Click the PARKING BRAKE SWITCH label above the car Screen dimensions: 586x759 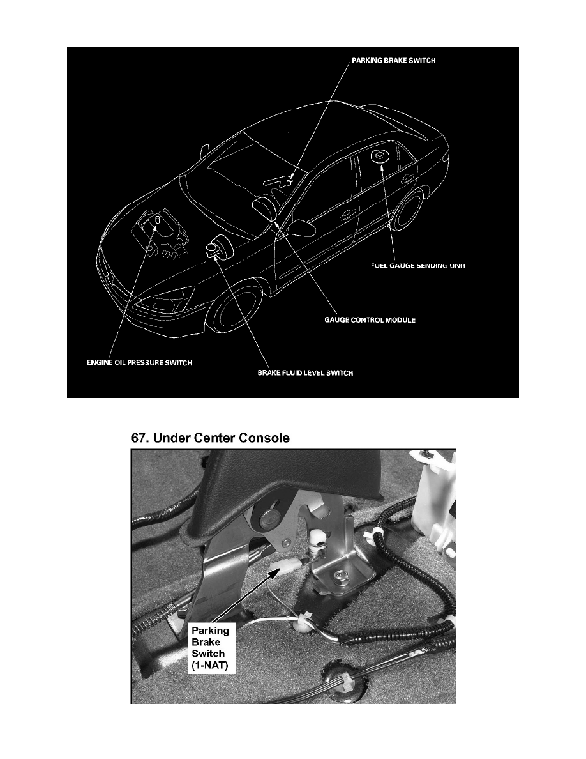tap(394, 61)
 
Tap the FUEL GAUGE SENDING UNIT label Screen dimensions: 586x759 tap(418, 266)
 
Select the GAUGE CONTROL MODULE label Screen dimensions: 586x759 tap(370, 320)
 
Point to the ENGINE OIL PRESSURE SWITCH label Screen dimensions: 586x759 tap(139, 362)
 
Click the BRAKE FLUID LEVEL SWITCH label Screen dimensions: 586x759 tap(305, 372)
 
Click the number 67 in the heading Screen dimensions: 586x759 tap(140, 438)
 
